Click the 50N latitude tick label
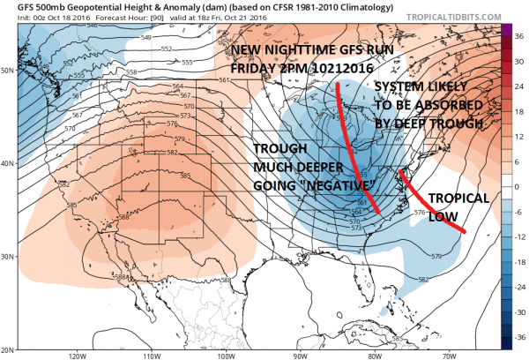[8, 69]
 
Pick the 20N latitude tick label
[8, 348]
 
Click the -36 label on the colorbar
[520, 335]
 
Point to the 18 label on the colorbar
[520, 113]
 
